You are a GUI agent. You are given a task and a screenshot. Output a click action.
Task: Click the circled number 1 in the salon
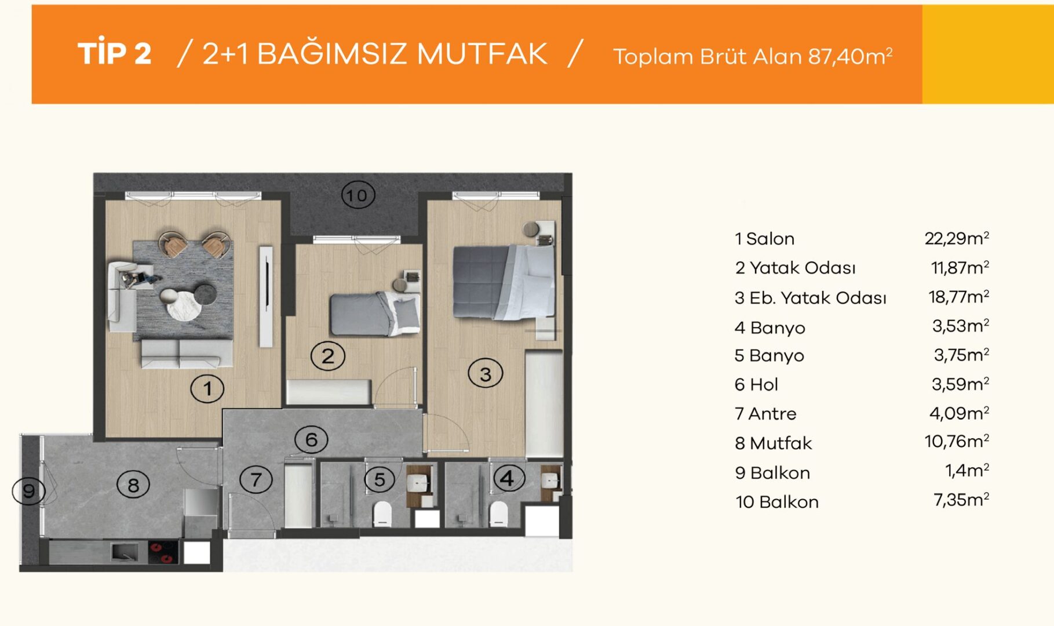[x=207, y=389]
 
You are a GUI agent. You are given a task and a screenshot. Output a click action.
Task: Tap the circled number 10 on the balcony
[x=358, y=195]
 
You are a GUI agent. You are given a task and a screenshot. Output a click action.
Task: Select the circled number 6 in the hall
[x=311, y=439]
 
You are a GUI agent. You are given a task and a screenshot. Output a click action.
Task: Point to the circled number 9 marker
[x=29, y=492]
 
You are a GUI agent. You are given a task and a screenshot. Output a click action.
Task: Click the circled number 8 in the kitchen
[x=133, y=485]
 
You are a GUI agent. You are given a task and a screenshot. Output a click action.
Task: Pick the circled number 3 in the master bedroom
[x=486, y=374]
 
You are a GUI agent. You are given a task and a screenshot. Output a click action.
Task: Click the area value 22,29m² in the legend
[x=957, y=238]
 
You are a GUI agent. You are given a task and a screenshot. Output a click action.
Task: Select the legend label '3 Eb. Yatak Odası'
[x=810, y=297]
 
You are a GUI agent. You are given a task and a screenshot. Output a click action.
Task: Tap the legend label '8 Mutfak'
[x=773, y=443]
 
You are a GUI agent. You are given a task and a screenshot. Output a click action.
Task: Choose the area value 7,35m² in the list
[x=961, y=499]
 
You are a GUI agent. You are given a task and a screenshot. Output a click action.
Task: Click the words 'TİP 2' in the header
[x=115, y=53]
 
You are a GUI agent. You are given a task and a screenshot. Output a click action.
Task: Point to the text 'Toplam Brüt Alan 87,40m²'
[x=753, y=56]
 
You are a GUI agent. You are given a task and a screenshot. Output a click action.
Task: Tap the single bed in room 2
[x=375, y=314]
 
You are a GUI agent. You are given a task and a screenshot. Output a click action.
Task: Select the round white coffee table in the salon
[x=184, y=305]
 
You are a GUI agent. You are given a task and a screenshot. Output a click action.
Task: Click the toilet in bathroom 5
[x=382, y=514]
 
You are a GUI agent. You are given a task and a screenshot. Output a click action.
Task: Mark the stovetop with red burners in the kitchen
[x=163, y=552]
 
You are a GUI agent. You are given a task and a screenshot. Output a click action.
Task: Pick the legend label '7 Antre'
[x=765, y=413]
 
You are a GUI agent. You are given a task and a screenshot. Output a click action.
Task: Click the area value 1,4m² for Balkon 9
[x=967, y=470]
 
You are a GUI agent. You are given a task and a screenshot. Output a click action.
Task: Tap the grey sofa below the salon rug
[x=187, y=354]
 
